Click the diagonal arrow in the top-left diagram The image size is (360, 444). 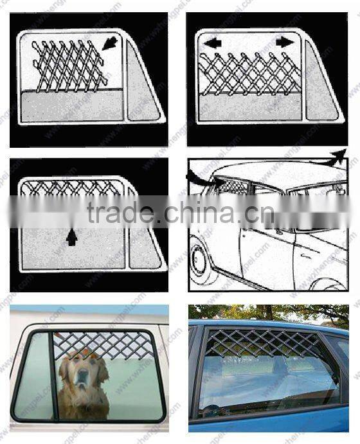pos(110,44)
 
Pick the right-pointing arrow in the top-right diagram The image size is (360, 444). pos(283,42)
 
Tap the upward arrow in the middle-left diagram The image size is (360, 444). pos(71,238)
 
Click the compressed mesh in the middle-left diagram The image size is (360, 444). pos(71,188)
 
